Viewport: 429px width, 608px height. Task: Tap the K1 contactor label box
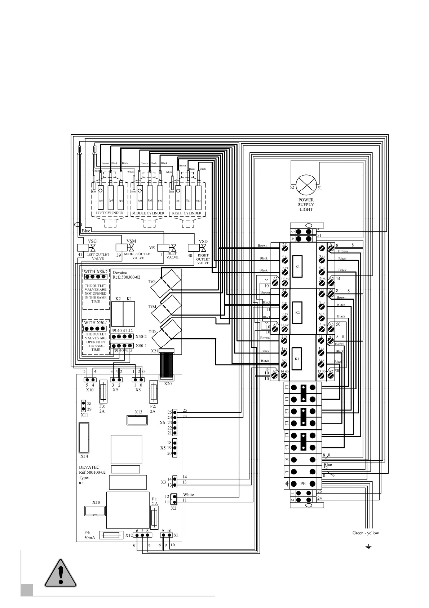point(297,266)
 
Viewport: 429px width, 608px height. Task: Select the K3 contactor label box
point(297,359)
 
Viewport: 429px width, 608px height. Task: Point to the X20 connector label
point(168,384)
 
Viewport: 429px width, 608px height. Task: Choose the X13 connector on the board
point(137,420)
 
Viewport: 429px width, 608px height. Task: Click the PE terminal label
point(303,484)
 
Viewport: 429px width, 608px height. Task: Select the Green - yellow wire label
point(366,533)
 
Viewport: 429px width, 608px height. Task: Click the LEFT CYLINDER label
point(109,213)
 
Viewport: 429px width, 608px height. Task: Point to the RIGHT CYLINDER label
point(187,213)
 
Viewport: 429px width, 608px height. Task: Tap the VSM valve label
point(131,241)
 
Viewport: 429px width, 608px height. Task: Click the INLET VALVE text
point(172,255)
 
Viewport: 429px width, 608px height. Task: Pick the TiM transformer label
point(152,307)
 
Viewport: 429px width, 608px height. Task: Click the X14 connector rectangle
point(84,437)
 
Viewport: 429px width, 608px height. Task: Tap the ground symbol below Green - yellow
point(368,547)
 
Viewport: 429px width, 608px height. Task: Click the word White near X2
point(188,495)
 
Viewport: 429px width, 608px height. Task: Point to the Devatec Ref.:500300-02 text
point(126,275)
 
